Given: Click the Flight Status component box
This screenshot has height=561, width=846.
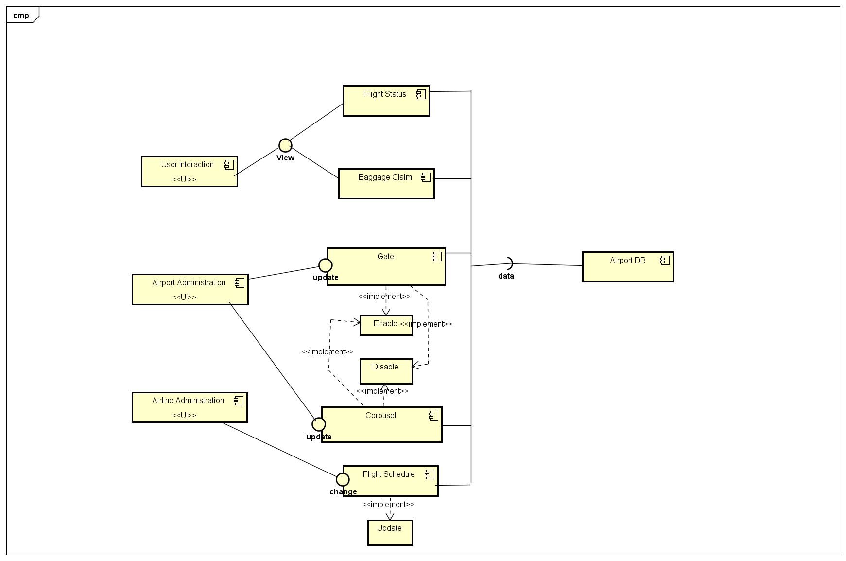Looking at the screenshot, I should (x=386, y=101).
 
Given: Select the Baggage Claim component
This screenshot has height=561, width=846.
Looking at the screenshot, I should (x=386, y=184).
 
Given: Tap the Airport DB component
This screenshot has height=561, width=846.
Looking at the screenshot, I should (x=627, y=267).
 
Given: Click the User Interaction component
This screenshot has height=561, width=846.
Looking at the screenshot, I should (x=189, y=171).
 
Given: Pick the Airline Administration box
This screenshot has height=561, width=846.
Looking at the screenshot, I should (x=189, y=407).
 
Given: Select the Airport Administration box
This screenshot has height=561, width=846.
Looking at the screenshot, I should (x=190, y=289).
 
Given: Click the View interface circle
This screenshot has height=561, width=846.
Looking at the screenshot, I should (x=285, y=145).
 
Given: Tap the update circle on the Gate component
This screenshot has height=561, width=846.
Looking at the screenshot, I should (x=326, y=265).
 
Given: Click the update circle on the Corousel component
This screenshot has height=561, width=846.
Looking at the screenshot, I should (x=319, y=424).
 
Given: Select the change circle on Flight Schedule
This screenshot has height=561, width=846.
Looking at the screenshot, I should (x=343, y=479).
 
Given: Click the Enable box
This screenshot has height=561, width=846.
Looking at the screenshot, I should (x=386, y=325).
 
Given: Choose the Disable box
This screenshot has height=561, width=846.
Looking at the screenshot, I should (x=386, y=371).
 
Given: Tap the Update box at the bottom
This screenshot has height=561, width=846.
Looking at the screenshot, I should (x=390, y=532).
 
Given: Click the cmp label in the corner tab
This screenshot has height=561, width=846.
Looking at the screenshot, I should (x=21, y=15).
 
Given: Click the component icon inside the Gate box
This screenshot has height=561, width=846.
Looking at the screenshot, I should (x=437, y=256).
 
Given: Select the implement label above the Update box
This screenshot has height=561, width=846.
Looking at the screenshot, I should (x=388, y=505).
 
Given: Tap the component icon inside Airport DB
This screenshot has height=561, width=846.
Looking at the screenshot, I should (x=665, y=260).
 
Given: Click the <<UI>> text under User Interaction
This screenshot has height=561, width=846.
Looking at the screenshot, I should (x=184, y=179).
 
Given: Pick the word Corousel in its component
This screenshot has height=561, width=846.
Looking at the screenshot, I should (x=380, y=415).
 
